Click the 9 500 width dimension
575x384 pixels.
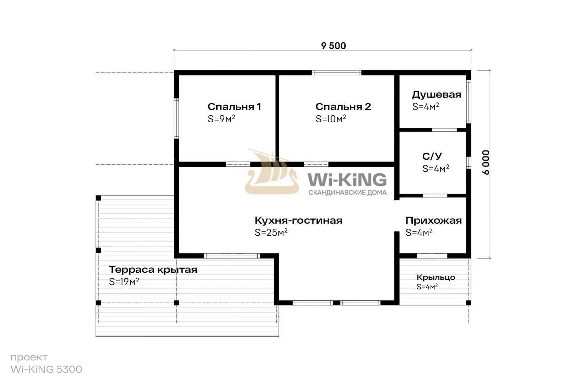(x=333, y=46)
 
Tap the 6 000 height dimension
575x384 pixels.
(x=486, y=162)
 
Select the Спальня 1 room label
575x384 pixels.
(x=234, y=106)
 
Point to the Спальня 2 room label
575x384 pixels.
(x=343, y=106)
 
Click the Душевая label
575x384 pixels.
(x=437, y=95)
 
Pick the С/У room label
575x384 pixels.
(x=432, y=156)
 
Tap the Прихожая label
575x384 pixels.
(x=434, y=220)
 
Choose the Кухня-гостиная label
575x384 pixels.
(x=298, y=220)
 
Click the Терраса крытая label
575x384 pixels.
(x=153, y=270)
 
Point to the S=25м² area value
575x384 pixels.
(x=271, y=232)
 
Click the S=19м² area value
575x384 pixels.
(x=124, y=282)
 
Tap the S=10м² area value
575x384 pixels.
(x=331, y=118)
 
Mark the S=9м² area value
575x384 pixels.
(x=221, y=118)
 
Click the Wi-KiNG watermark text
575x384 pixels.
(x=347, y=179)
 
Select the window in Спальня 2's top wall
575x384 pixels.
(x=336, y=73)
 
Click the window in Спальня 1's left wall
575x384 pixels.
(x=176, y=118)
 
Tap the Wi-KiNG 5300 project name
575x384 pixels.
(x=46, y=369)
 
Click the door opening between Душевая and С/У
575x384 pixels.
(x=444, y=130)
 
